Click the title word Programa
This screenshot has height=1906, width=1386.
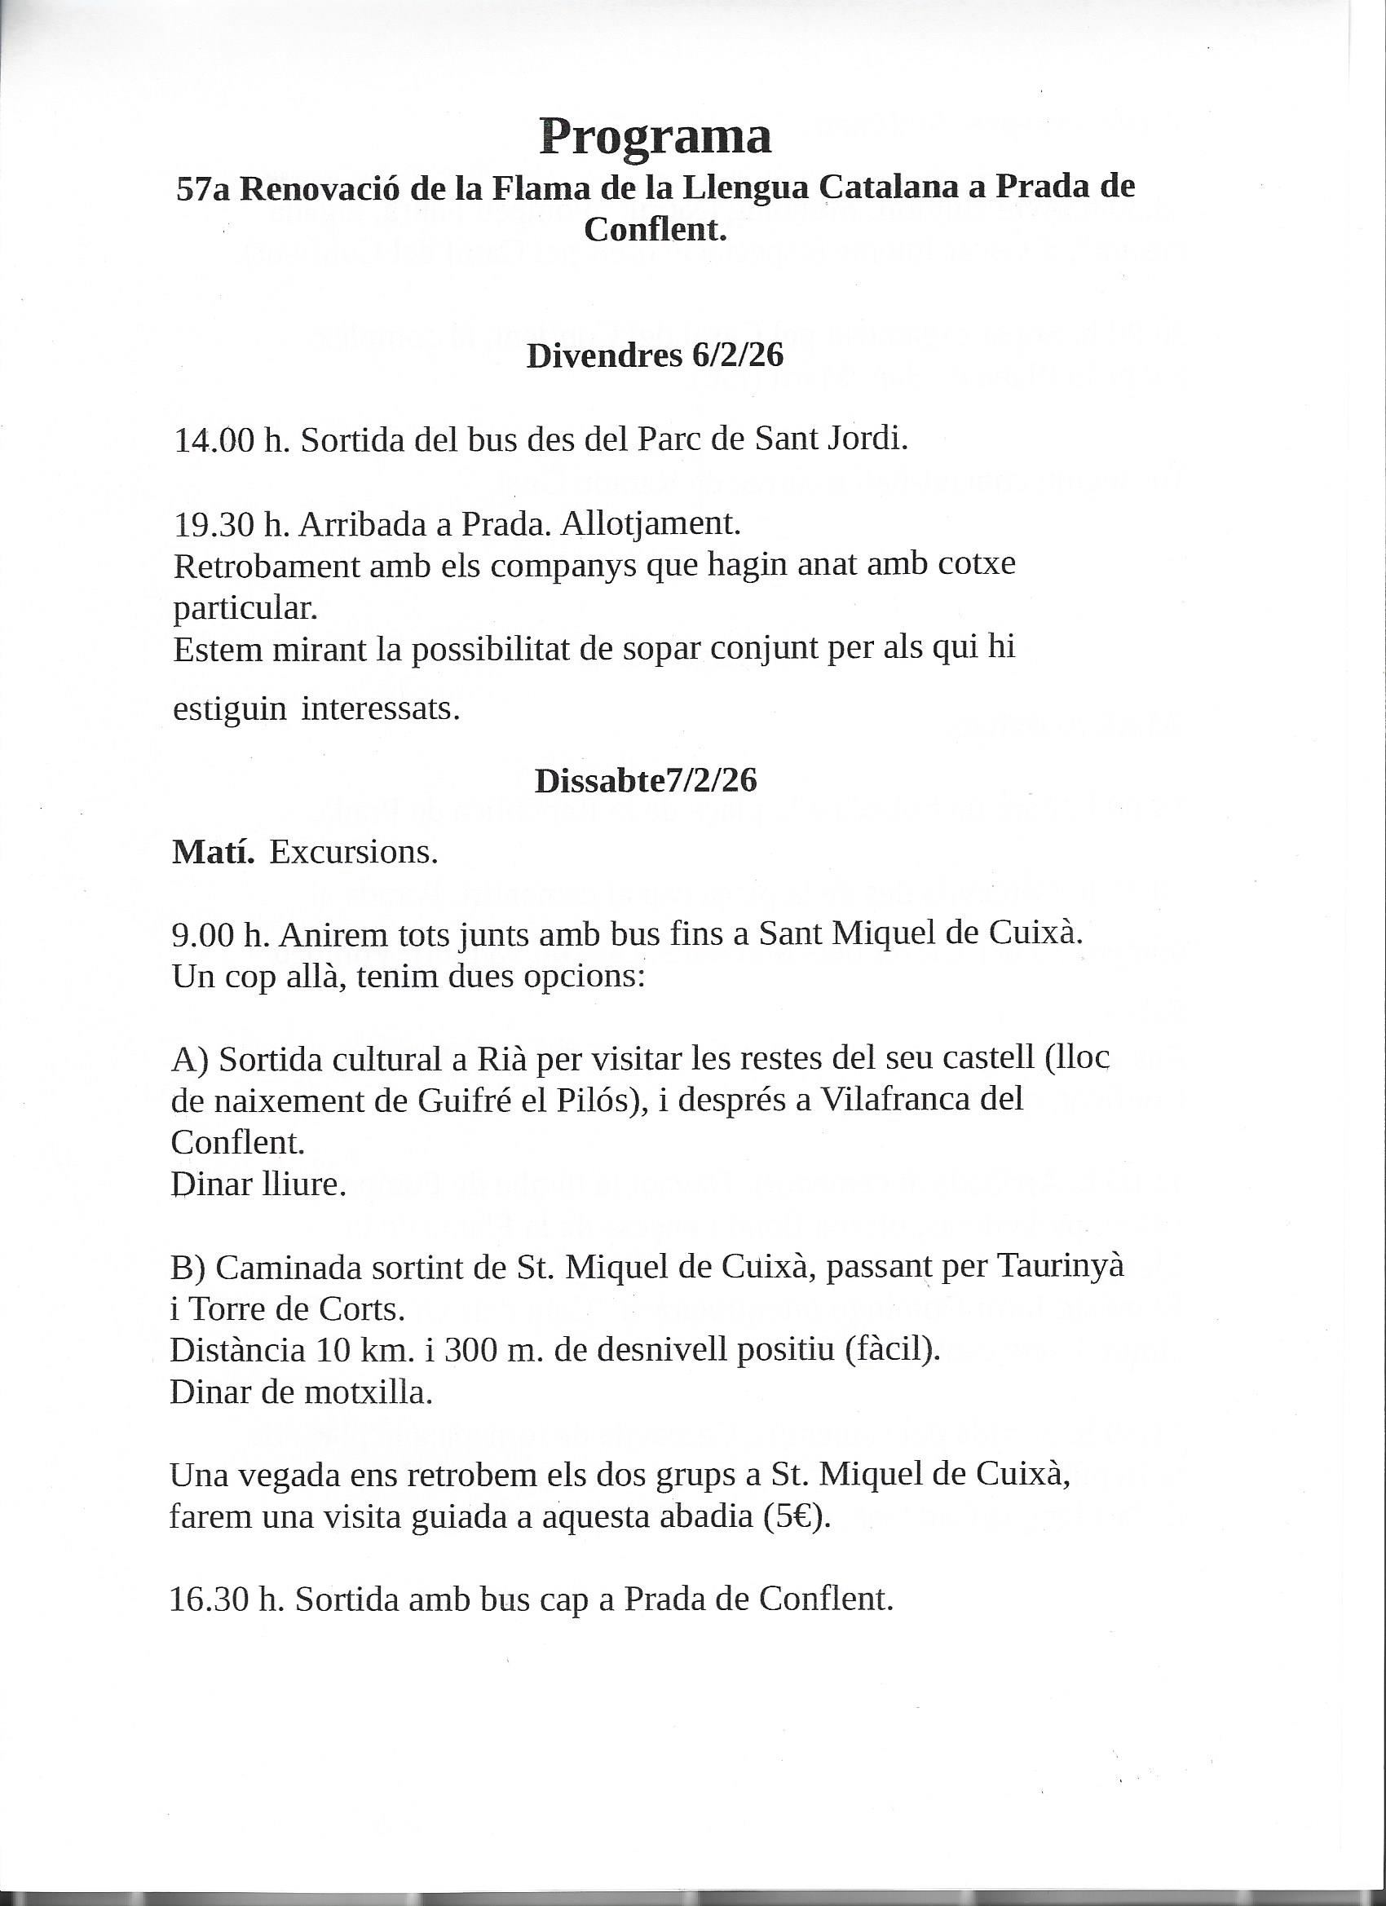click(x=655, y=136)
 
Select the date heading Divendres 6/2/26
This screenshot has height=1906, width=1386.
click(x=655, y=355)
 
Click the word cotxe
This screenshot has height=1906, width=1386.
click(x=981, y=564)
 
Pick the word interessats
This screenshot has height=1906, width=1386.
click(x=381, y=708)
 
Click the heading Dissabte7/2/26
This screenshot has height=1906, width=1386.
click(x=646, y=781)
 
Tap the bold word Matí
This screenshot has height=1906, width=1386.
click(x=214, y=852)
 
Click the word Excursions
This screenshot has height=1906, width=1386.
click(x=354, y=853)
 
